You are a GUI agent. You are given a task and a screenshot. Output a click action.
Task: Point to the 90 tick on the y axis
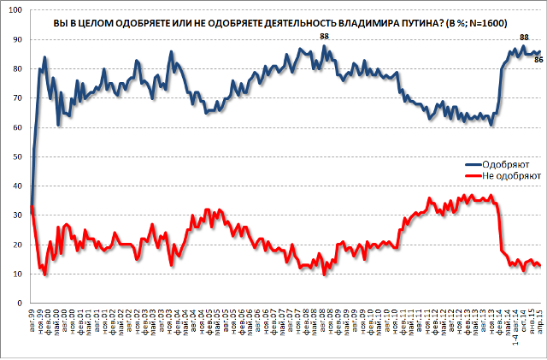(18, 39)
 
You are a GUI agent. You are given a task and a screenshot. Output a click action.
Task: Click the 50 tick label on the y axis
(18, 156)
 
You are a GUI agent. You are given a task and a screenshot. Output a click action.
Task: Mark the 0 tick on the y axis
(21, 304)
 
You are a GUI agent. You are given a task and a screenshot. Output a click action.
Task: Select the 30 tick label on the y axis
(18, 215)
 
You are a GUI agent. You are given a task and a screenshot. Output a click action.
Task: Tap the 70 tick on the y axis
(18, 98)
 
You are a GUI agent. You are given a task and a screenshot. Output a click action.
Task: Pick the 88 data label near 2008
(324, 35)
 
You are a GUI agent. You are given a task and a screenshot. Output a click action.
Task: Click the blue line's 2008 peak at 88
(324, 45)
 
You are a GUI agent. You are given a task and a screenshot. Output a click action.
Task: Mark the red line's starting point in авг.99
(31, 206)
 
